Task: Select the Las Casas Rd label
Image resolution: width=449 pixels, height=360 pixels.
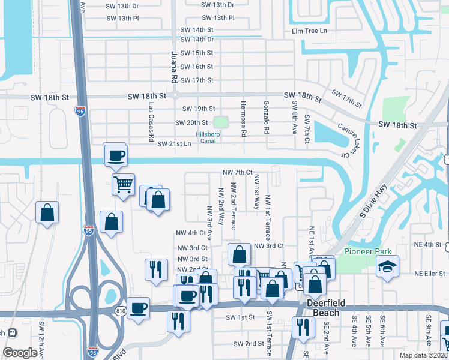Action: point(151,122)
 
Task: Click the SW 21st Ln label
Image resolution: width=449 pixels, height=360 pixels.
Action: point(174,144)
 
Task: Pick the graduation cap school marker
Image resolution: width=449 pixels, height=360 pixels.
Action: point(388,266)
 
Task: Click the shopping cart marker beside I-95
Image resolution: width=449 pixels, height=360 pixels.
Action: point(123,185)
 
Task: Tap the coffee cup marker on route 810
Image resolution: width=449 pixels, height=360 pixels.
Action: point(138,308)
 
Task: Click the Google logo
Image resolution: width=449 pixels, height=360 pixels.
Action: point(20,352)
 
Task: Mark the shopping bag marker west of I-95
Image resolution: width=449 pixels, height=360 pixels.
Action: point(47,213)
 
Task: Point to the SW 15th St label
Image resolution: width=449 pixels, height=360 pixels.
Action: point(197,53)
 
